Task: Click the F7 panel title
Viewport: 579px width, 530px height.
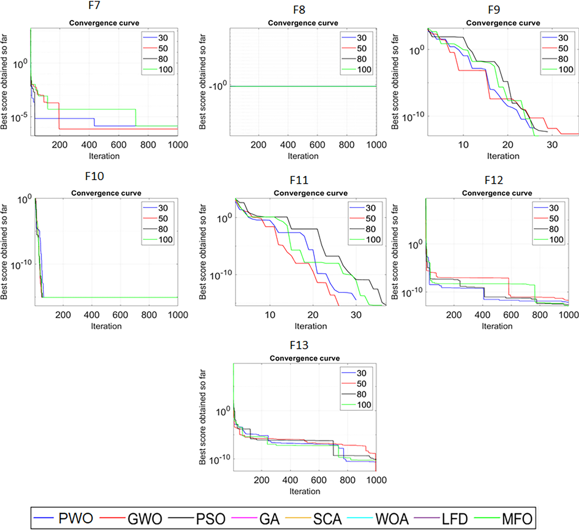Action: click(94, 6)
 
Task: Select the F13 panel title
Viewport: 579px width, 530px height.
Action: click(299, 346)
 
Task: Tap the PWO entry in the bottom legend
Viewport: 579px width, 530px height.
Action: click(76, 518)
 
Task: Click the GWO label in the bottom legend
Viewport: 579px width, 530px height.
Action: click(145, 519)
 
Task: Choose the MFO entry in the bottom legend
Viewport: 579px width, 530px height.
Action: click(517, 519)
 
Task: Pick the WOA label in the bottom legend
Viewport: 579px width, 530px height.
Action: click(392, 519)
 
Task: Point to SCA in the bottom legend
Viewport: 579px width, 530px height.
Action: click(327, 519)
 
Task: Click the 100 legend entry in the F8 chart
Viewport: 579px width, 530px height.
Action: click(364, 70)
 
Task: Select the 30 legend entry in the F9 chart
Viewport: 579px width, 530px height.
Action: click(563, 38)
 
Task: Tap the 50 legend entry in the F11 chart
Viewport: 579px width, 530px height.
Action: click(370, 218)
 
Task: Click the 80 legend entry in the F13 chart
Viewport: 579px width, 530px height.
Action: click(361, 394)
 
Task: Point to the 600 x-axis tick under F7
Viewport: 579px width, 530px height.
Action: click(119, 145)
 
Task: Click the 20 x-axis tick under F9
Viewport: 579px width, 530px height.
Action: click(508, 145)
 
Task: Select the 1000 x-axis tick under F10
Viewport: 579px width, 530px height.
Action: click(178, 315)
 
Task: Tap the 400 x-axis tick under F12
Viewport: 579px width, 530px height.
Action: click(482, 315)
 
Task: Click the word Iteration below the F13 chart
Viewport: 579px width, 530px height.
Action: click(305, 491)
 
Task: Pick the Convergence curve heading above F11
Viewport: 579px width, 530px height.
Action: click(311, 193)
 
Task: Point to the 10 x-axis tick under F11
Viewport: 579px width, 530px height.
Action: click(270, 315)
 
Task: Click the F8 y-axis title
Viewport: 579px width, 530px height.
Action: click(202, 82)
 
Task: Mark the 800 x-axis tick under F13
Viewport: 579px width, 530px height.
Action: click(347, 480)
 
